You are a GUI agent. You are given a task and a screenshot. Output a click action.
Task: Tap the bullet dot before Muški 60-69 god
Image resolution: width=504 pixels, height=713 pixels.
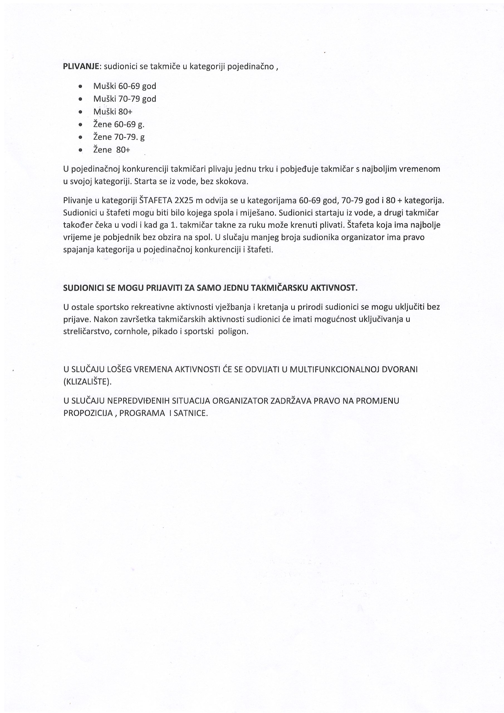coord(81,86)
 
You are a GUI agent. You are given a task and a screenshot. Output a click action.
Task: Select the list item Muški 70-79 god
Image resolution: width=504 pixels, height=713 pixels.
coord(124,99)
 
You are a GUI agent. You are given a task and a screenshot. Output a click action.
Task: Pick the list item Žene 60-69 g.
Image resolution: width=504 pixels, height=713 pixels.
coord(119,124)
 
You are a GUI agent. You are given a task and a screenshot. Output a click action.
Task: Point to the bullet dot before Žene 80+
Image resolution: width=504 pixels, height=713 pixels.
coord(81,150)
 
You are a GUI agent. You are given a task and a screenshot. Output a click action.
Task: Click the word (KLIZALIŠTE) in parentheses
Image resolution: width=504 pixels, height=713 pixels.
coord(87,382)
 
